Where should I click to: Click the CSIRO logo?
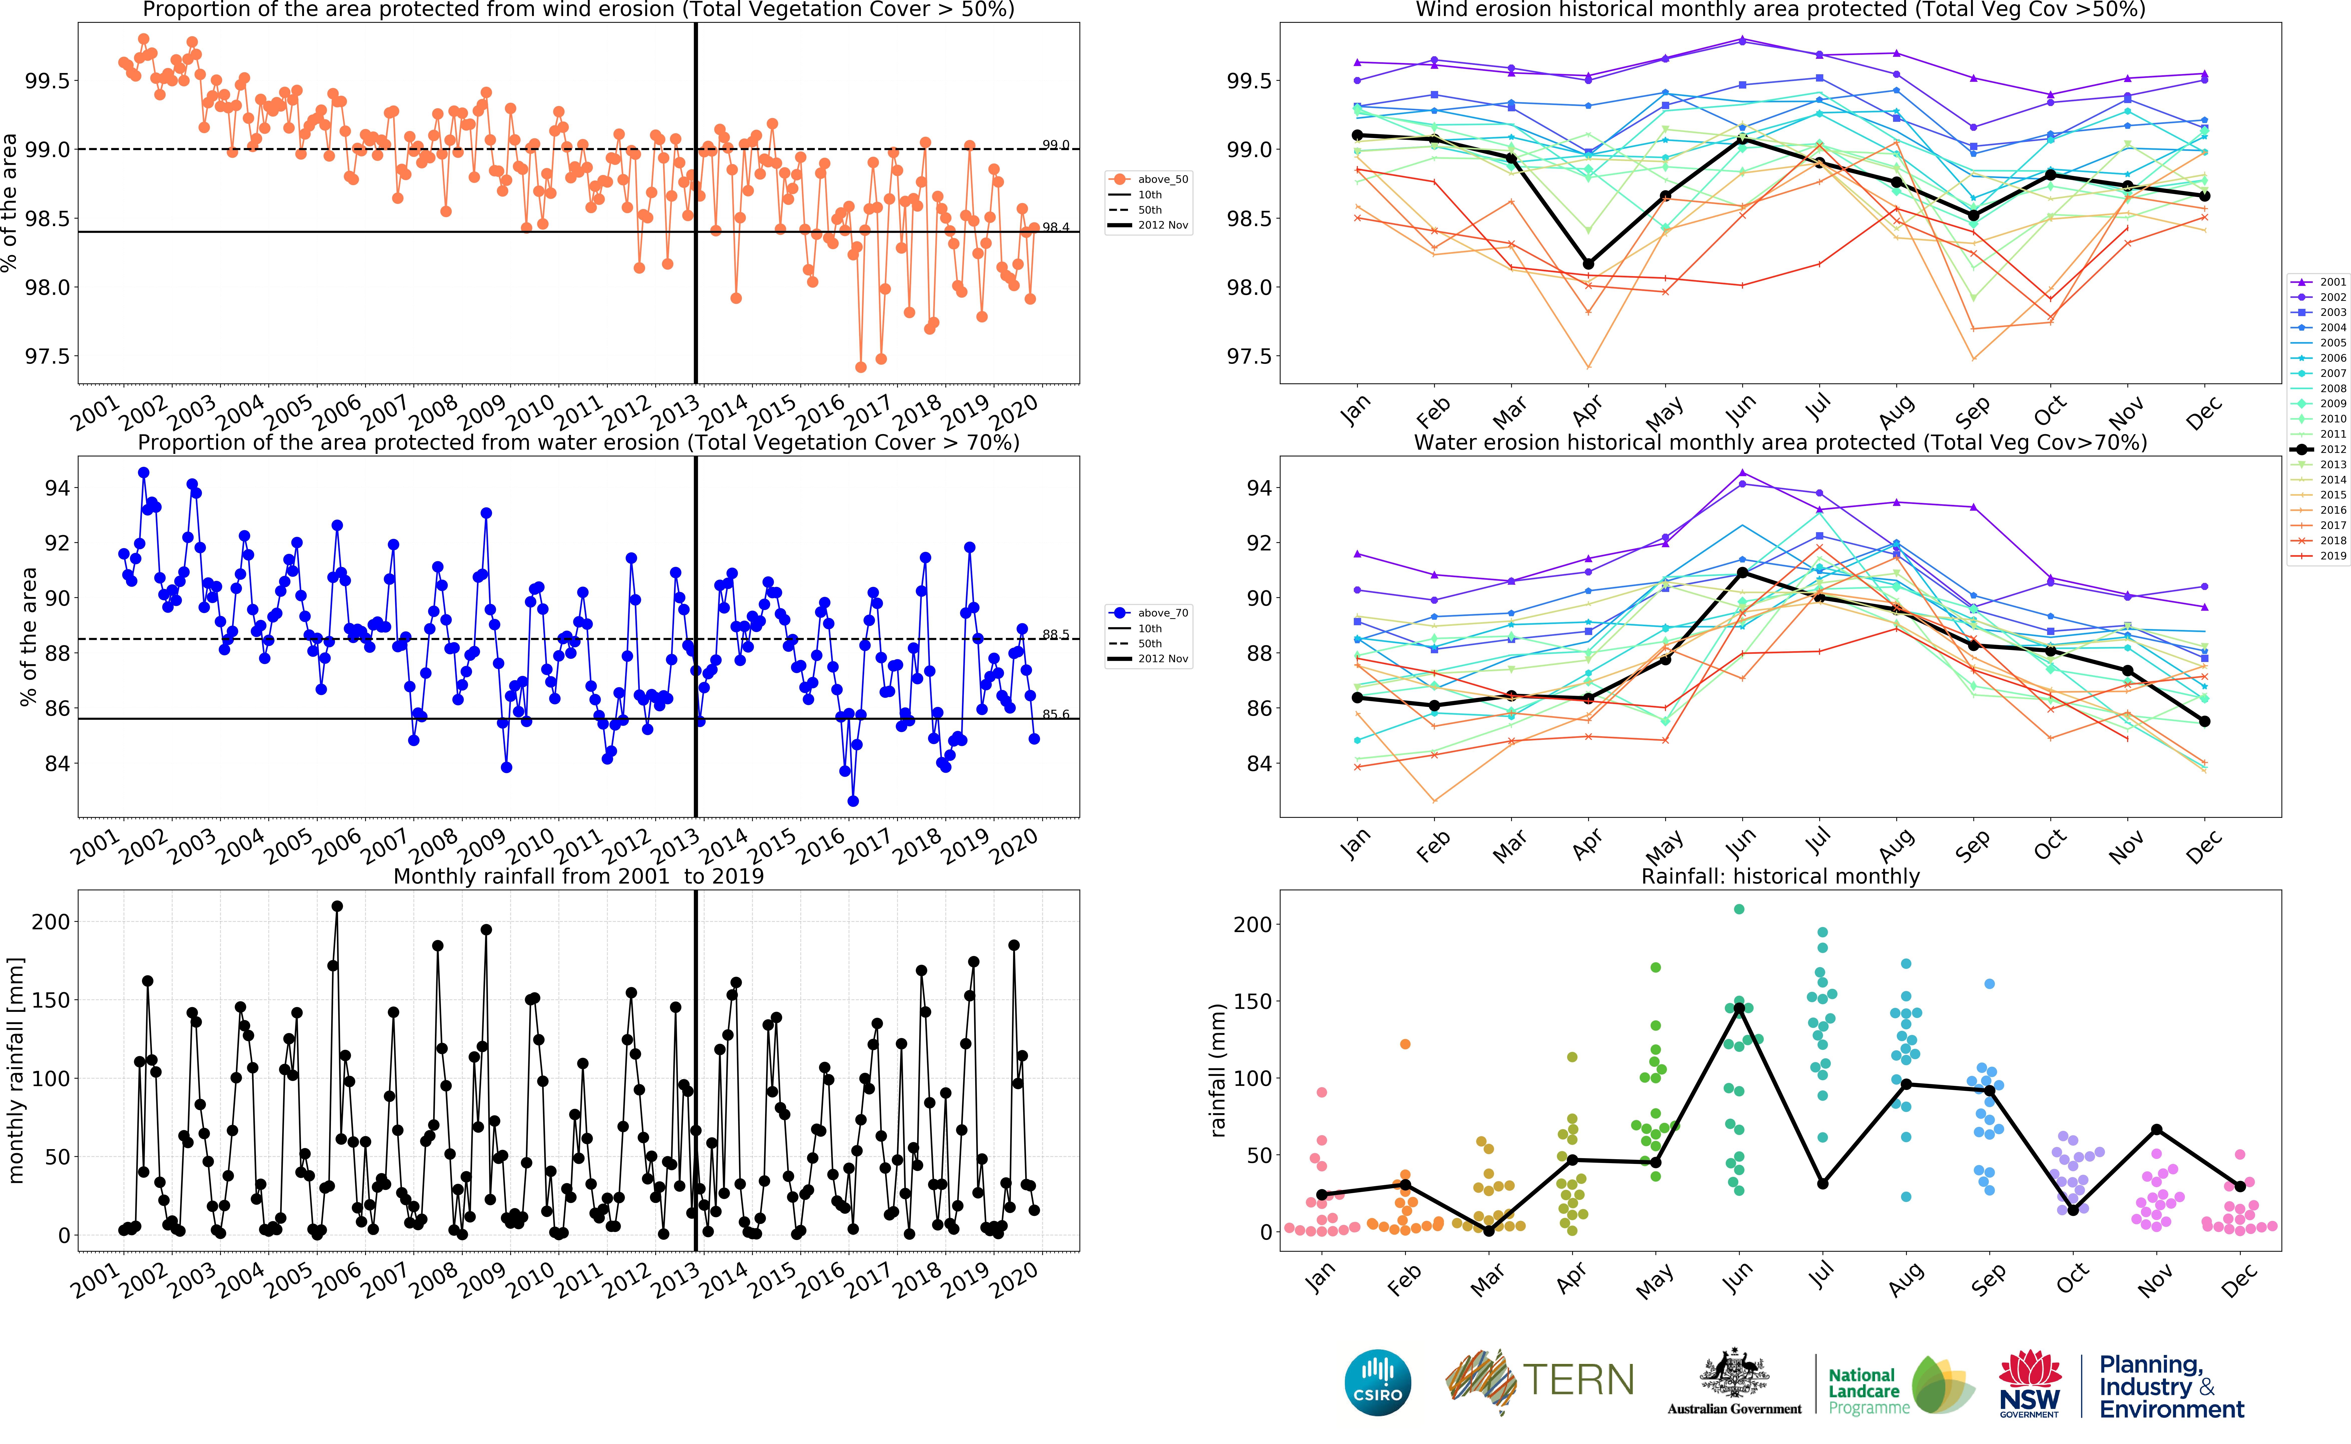[x=1377, y=1382]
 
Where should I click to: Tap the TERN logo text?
[x=1577, y=1380]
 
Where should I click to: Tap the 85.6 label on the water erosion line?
[x=1055, y=714]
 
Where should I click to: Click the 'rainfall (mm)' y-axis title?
[x=1218, y=1070]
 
